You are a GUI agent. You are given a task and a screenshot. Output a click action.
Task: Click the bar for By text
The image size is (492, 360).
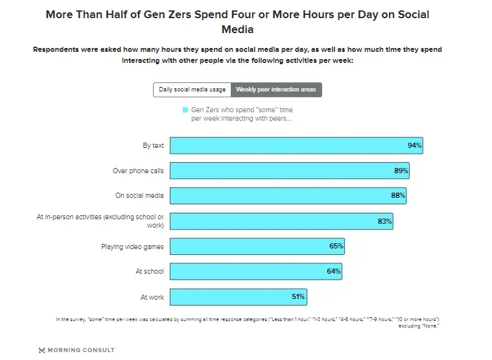[296, 145]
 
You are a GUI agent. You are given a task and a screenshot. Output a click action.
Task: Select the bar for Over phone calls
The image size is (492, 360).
[289, 171]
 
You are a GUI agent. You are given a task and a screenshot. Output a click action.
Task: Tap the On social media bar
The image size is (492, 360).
[288, 195]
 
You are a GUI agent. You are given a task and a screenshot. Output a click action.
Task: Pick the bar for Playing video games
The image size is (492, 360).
[257, 246]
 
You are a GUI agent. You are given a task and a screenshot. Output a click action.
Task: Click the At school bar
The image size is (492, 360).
[255, 271]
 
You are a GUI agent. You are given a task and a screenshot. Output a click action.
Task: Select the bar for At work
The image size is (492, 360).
[238, 297]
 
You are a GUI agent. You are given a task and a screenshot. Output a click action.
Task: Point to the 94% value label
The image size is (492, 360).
[414, 145]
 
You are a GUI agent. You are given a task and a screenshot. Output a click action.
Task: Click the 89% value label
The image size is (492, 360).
[401, 171]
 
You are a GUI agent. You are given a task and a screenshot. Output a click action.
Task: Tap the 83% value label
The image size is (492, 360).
[384, 221]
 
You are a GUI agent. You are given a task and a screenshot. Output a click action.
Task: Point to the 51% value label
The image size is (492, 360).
[298, 297]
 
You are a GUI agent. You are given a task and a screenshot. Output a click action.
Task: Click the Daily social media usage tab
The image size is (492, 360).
[193, 90]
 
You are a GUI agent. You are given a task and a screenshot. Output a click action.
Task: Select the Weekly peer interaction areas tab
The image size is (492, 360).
[276, 90]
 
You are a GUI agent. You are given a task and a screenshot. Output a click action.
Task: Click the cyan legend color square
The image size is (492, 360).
[185, 110]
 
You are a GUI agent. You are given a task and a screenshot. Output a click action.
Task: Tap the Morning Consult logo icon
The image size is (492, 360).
[42, 350]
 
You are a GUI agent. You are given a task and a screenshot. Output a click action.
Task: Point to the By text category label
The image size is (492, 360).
[153, 145]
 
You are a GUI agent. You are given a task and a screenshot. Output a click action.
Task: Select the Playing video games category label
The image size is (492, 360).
[132, 246]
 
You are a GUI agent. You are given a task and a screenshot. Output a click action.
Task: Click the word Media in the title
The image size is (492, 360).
[237, 29]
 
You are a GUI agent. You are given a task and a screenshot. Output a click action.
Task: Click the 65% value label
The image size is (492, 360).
[336, 246]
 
